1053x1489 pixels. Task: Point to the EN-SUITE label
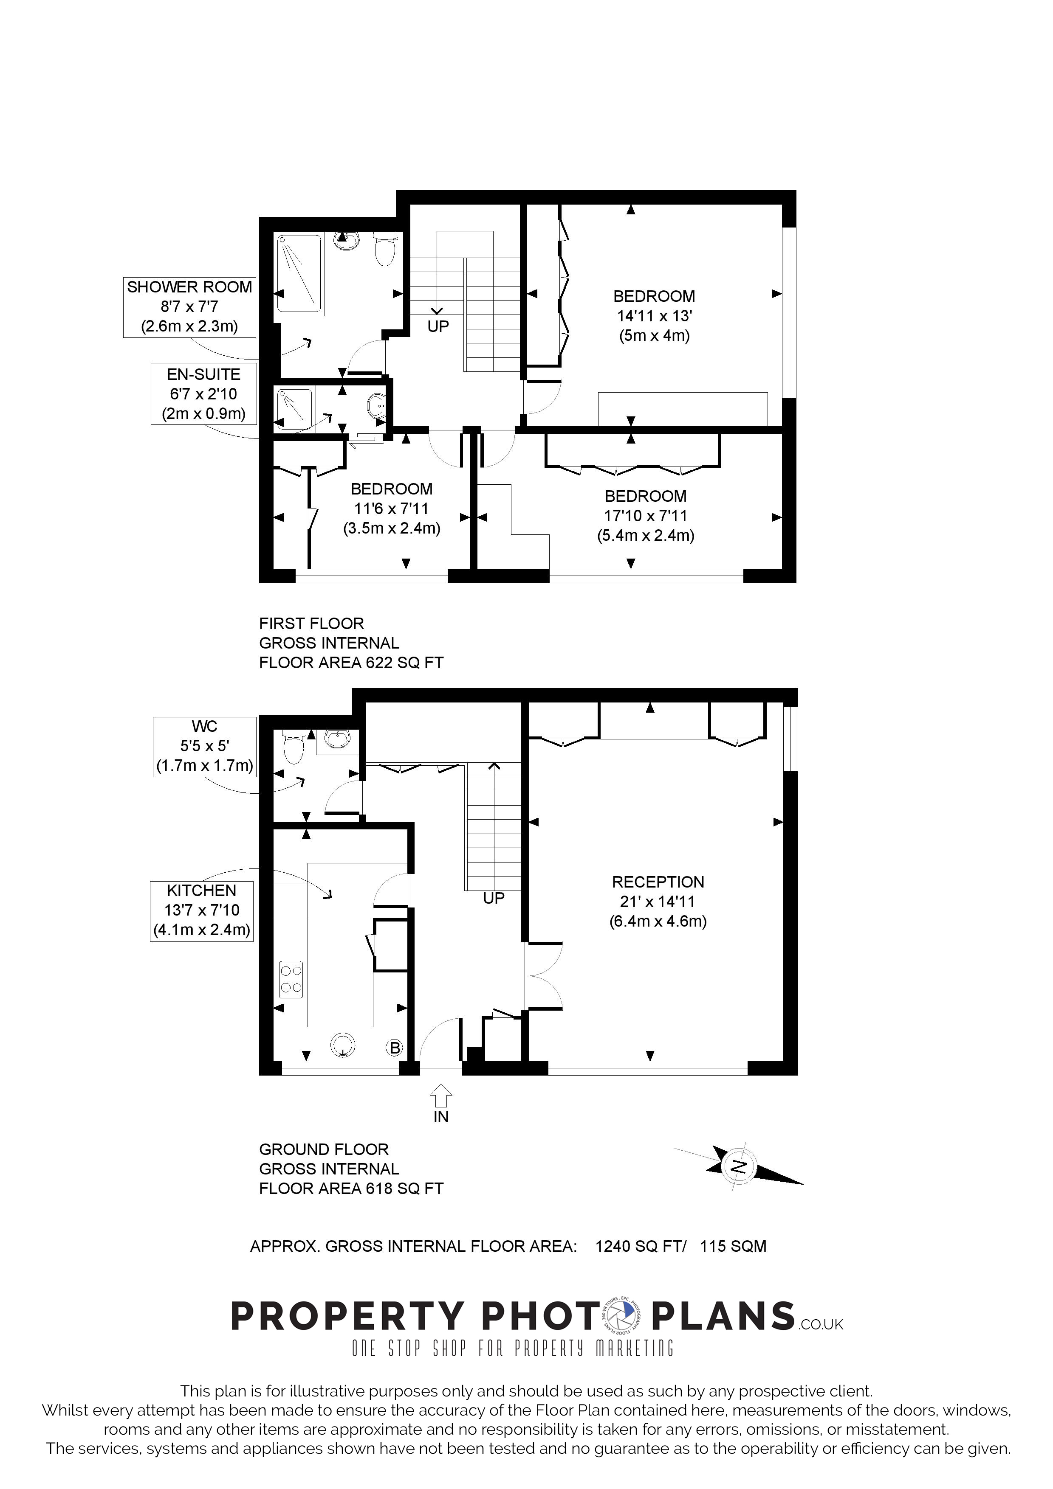coord(204,393)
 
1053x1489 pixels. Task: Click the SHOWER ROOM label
coord(189,307)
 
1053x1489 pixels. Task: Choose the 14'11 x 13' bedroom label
coord(654,316)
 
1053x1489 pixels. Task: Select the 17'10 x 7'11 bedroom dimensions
coord(646,516)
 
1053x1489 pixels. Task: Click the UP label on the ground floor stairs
coord(494,898)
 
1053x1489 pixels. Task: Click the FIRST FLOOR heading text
coord(311,624)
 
